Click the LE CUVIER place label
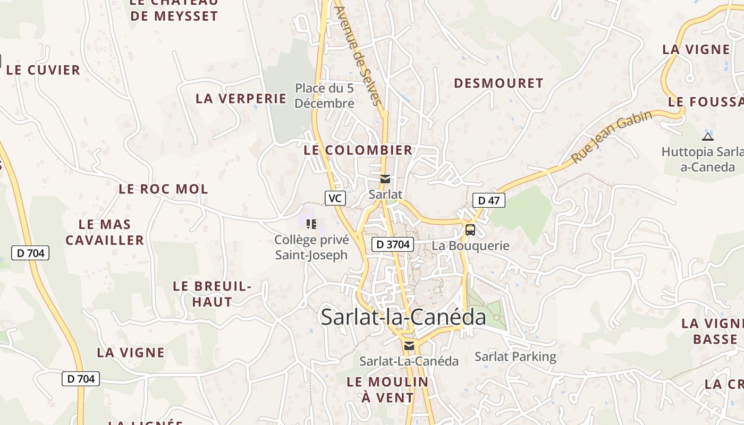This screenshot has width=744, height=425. (44, 70)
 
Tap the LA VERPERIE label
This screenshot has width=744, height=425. (241, 98)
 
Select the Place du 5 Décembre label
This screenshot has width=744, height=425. (324, 96)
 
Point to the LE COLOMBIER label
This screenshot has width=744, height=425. (358, 150)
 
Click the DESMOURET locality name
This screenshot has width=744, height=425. (498, 83)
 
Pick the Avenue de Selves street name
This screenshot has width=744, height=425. (359, 56)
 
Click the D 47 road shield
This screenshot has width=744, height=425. (488, 200)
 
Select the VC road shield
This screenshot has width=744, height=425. (335, 198)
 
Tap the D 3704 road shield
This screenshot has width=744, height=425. (392, 244)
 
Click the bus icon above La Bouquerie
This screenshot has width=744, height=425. (470, 230)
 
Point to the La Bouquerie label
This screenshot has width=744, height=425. (470, 246)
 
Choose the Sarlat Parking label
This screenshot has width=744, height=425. (515, 357)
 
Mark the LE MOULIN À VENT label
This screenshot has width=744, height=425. (387, 389)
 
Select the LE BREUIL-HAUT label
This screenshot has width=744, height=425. (212, 294)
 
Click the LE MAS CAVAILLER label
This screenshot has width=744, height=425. (105, 232)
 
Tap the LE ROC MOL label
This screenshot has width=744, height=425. (163, 189)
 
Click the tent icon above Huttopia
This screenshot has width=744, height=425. (707, 137)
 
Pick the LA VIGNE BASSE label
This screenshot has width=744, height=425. (712, 331)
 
